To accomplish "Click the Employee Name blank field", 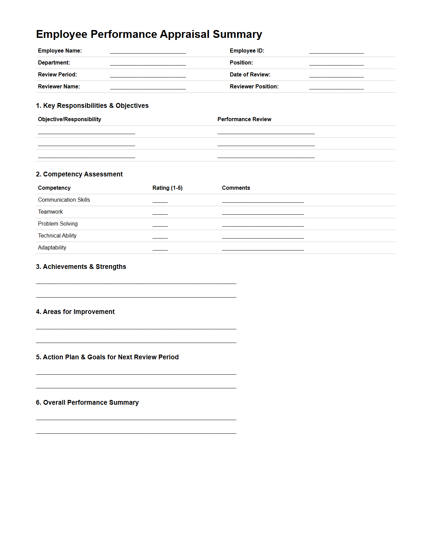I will point(148,51).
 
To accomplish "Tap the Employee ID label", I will point(247,51).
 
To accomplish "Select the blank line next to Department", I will point(148,63).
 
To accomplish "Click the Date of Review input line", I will point(336,75).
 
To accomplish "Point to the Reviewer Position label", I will point(254,87).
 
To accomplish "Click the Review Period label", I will point(57,75).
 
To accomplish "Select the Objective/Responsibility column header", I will point(70,119).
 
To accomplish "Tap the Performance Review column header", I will point(244,119).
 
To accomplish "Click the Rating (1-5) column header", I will point(167,188).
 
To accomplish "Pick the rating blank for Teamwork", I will point(160,212).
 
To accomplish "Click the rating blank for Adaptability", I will point(160,248).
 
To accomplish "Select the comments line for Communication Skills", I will point(263,200).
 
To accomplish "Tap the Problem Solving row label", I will point(58,224).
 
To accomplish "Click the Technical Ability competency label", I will point(57,236).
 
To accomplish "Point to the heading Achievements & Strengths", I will point(81,267).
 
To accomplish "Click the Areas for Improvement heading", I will point(75,312).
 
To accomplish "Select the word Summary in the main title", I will point(237,34).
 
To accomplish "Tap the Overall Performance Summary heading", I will point(87,403).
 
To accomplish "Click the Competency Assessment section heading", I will point(79,174).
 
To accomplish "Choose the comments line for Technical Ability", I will point(263,236).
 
